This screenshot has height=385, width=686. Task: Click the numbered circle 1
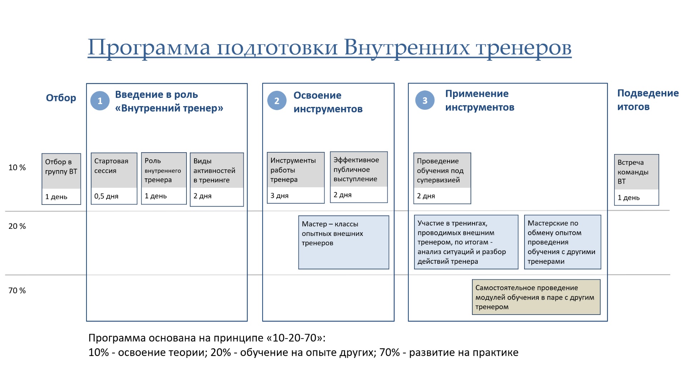pyautogui.click(x=100, y=101)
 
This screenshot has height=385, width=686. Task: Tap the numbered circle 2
pyautogui.click(x=277, y=100)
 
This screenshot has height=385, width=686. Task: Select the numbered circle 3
pyautogui.click(x=425, y=100)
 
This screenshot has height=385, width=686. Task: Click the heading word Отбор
pyautogui.click(x=61, y=98)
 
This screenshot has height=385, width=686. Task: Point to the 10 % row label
pyautogui.click(x=17, y=167)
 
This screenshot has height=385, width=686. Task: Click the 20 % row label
pyautogui.click(x=17, y=226)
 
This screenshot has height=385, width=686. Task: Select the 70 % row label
pyautogui.click(x=17, y=290)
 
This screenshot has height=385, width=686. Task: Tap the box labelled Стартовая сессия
pyautogui.click(x=114, y=179)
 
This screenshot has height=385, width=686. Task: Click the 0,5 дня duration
pyautogui.click(x=106, y=196)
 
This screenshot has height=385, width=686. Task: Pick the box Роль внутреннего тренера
pyautogui.click(x=164, y=178)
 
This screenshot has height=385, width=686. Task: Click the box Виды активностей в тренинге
pyautogui.click(x=217, y=179)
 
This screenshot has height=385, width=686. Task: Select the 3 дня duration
pyautogui.click(x=279, y=196)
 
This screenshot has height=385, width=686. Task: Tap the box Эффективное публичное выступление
pyautogui.click(x=359, y=177)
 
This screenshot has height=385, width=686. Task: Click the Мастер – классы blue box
pyautogui.click(x=344, y=242)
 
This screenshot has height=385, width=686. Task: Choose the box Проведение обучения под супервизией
pyautogui.click(x=442, y=178)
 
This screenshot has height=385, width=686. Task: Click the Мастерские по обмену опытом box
pyautogui.click(x=563, y=242)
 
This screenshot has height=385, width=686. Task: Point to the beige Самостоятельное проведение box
pyautogui.click(x=536, y=297)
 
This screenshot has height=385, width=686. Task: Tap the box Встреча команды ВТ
pyautogui.click(x=637, y=180)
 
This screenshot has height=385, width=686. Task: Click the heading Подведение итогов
pyautogui.click(x=648, y=100)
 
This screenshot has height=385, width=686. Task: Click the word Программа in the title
pyautogui.click(x=149, y=47)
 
